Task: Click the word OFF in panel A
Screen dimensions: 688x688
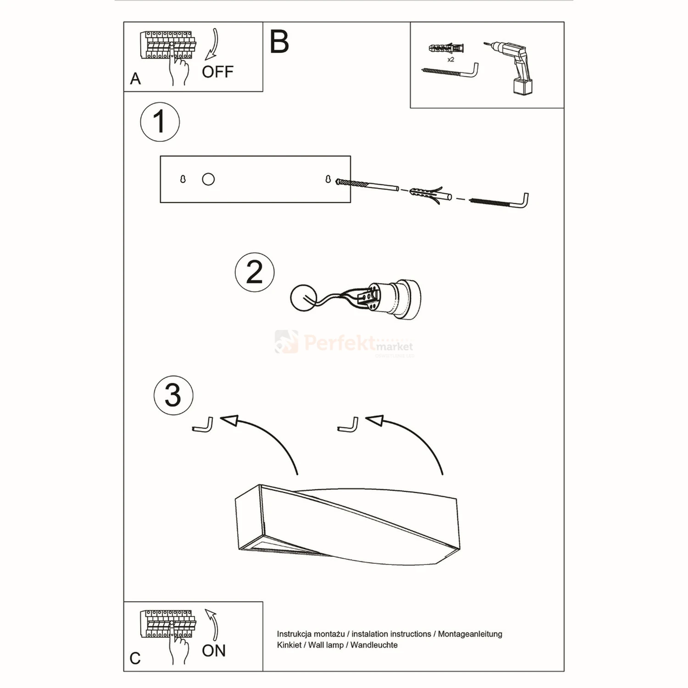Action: point(217,72)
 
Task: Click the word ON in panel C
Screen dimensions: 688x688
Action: point(214,650)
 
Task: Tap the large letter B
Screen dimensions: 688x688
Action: point(279,42)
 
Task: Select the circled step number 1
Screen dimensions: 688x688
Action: point(160,122)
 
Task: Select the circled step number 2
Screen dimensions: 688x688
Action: point(255,272)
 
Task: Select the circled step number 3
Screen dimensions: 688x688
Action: point(173,395)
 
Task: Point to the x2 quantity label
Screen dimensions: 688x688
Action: point(450,60)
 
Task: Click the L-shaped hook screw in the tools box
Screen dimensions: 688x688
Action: point(449,71)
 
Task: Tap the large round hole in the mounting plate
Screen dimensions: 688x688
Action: point(208,179)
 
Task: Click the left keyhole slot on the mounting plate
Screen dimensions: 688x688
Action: point(183,179)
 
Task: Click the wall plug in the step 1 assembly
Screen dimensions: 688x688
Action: point(429,195)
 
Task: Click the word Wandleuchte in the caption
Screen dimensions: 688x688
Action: point(374,645)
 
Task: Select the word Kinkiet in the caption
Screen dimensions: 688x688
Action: point(289,645)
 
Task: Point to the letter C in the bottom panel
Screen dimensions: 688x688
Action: point(135,659)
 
